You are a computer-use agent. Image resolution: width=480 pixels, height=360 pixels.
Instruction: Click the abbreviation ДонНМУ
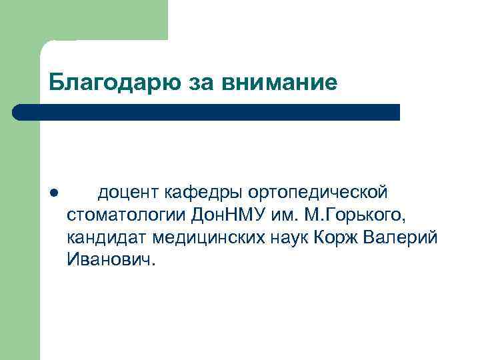point(229,215)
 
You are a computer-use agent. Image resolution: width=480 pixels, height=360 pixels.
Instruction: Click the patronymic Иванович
point(111,259)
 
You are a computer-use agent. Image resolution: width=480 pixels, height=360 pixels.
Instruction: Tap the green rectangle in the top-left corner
point(83,20)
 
